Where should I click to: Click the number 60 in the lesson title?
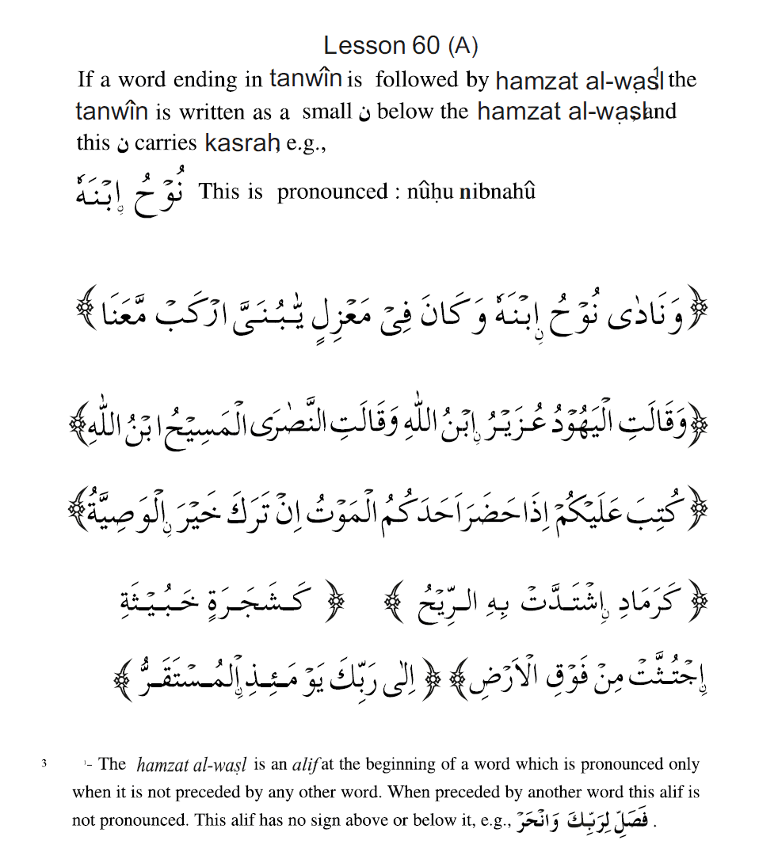(425, 46)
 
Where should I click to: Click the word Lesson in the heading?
(364, 46)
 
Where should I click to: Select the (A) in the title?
(463, 46)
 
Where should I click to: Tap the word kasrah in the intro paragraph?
(242, 143)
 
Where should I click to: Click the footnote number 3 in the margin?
(45, 764)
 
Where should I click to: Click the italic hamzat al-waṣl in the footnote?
(192, 764)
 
